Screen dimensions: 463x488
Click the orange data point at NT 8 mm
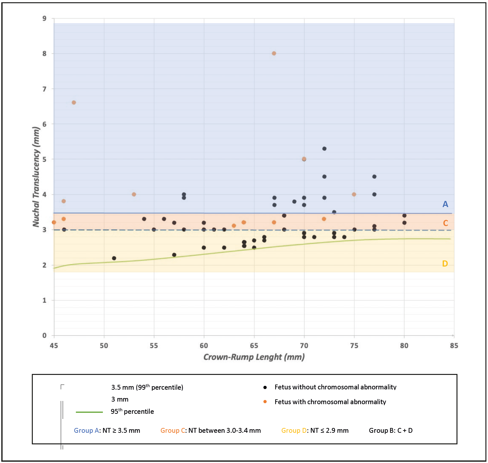(x=274, y=53)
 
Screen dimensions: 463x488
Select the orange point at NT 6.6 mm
(x=74, y=103)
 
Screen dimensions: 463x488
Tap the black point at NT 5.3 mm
(x=324, y=149)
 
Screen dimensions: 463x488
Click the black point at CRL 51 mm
(x=114, y=258)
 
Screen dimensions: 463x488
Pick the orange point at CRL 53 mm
(x=134, y=194)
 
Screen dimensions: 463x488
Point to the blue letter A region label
(x=445, y=204)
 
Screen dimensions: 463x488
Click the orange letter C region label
(x=445, y=223)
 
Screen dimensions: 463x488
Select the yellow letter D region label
(x=445, y=264)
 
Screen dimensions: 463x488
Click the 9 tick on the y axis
(x=44, y=19)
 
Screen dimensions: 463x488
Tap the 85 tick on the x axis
(x=454, y=346)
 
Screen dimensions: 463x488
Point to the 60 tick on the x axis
(x=204, y=346)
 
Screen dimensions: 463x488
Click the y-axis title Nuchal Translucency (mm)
(x=36, y=177)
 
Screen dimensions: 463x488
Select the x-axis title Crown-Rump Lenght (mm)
(x=254, y=357)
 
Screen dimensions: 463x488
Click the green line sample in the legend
(x=89, y=412)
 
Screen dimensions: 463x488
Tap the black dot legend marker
(x=265, y=387)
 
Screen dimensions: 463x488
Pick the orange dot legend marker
(x=265, y=402)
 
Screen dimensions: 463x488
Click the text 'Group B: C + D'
(x=391, y=431)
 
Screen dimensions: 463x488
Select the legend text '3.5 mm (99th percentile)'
(x=147, y=387)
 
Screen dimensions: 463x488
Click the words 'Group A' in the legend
(x=86, y=431)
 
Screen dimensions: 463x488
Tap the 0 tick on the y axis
(x=44, y=335)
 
